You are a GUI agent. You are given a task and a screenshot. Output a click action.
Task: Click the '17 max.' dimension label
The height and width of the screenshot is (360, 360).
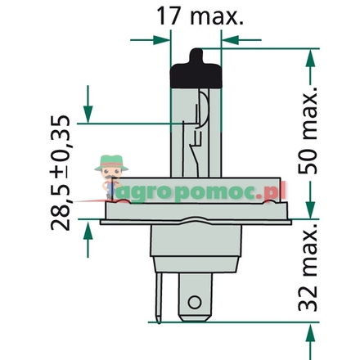(x=200, y=17)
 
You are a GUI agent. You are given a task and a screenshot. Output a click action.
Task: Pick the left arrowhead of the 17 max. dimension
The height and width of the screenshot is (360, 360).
(x=151, y=38)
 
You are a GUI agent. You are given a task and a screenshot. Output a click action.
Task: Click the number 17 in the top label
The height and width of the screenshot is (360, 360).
(x=169, y=17)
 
